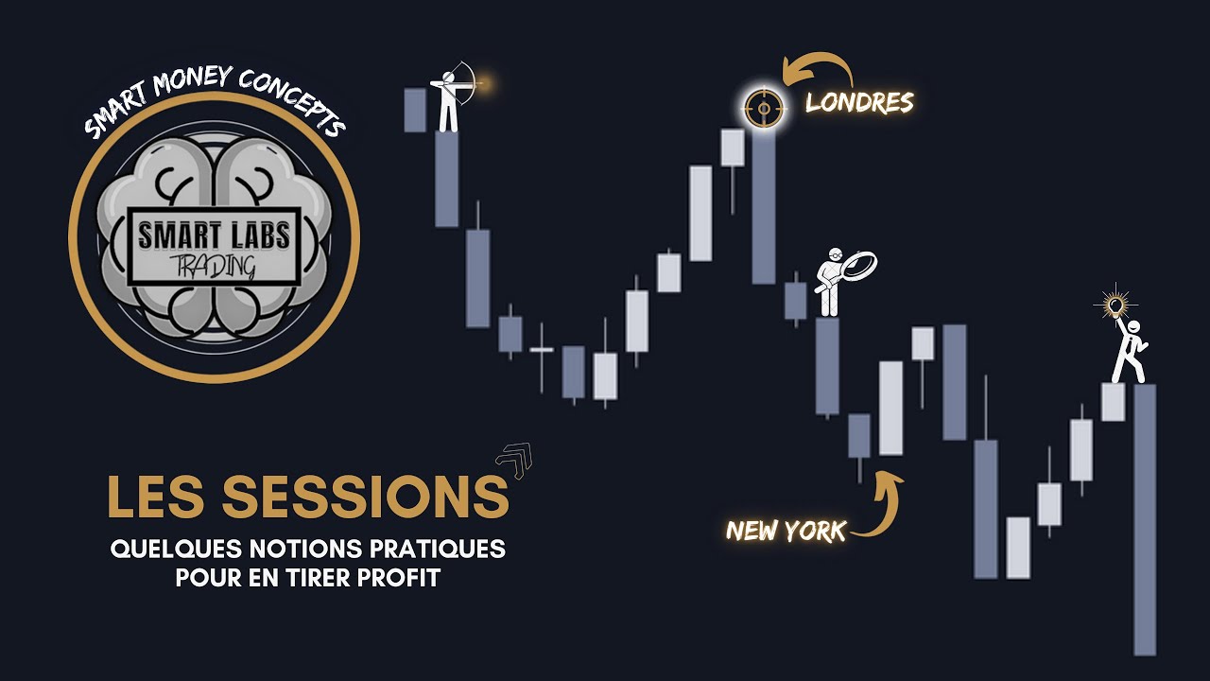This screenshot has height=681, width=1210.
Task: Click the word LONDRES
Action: click(859, 102)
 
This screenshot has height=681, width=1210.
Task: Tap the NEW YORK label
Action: click(786, 531)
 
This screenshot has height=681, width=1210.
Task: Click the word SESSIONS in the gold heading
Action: click(365, 496)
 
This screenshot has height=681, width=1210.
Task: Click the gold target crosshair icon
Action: click(761, 110)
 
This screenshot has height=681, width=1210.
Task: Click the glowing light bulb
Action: click(1117, 305)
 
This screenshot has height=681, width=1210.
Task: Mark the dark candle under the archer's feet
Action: click(447, 179)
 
